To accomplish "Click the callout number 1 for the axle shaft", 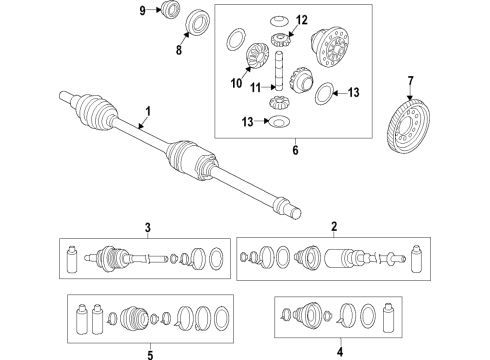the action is coord(148,111).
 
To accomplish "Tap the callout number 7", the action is coord(410,81).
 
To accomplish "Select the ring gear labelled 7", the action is coord(409,126).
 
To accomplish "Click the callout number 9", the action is coord(143,11).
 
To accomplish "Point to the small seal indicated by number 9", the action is coord(169,9).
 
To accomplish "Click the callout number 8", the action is coord(179,50).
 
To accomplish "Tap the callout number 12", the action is coord(302,20).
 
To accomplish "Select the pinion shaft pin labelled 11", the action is coord(279,70).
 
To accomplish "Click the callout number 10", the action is coord(236,83).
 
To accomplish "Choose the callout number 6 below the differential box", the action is coord(295,150).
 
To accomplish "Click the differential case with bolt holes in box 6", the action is coord(331,48).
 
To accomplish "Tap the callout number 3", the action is coord(148,228).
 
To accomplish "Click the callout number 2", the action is coord(334,227).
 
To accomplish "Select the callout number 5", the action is coord(150,354).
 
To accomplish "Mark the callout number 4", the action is coord(340,351).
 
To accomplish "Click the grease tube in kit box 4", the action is coord(388,318).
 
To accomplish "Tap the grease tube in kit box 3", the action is coord(72,260).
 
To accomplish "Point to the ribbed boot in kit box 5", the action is coord(134,318).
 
